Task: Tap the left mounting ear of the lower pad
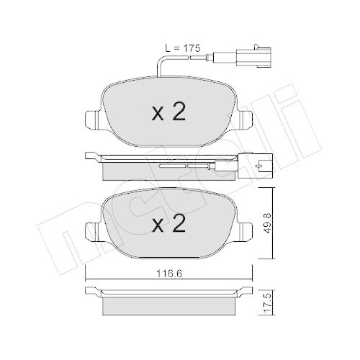[x=91, y=230]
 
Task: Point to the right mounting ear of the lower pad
[x=248, y=230]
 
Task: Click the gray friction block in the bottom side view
[x=168, y=305]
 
